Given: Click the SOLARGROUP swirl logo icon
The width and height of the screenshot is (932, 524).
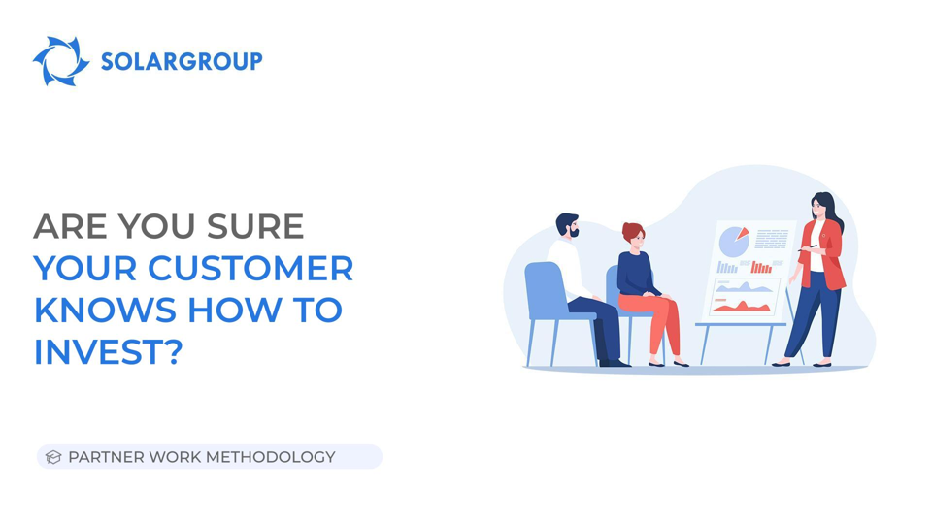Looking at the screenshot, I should tap(60, 61).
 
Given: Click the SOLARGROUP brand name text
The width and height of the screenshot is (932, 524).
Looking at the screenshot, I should tap(182, 62).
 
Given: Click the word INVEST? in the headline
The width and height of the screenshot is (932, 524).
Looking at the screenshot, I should tap(108, 352).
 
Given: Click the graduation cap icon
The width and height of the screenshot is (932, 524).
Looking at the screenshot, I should tap(53, 457).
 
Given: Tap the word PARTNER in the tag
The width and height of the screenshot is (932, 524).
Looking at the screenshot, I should tap(106, 457).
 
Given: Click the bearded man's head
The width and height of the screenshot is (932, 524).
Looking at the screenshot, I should tap(568, 225).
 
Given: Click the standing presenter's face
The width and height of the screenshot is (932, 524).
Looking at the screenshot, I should tap(820, 207).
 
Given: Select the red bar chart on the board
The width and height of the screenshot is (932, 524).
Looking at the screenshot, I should tap(762, 266).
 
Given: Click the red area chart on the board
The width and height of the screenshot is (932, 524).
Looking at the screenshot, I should tap(743, 307).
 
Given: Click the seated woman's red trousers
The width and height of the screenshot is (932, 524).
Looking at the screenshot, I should tap(655, 320).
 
